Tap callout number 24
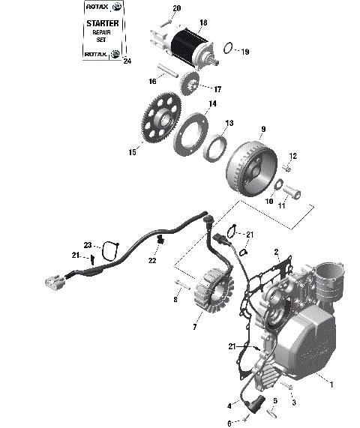126,61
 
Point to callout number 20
176,8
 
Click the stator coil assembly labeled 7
212,289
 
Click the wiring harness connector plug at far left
52,280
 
